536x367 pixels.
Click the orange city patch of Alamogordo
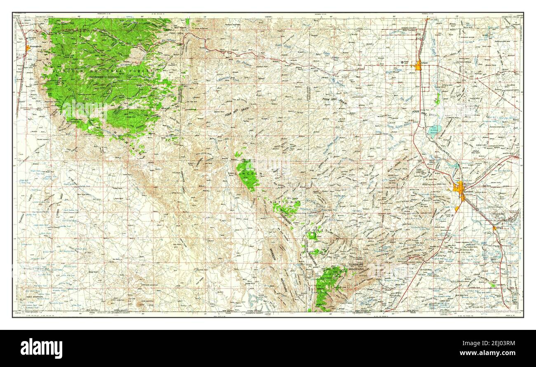click(x=28, y=48)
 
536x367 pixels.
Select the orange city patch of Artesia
click(x=418, y=66)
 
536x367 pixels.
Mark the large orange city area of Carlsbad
click(x=459, y=188)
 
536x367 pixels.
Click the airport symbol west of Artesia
click(x=402, y=62)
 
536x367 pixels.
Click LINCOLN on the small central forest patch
click(x=251, y=174)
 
